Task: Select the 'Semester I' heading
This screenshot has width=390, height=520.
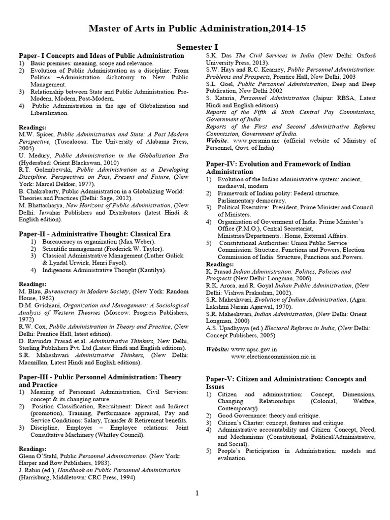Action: (196, 46)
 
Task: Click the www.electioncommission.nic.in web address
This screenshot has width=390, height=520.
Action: (273, 357)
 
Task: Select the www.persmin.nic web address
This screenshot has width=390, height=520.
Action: (252, 141)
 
